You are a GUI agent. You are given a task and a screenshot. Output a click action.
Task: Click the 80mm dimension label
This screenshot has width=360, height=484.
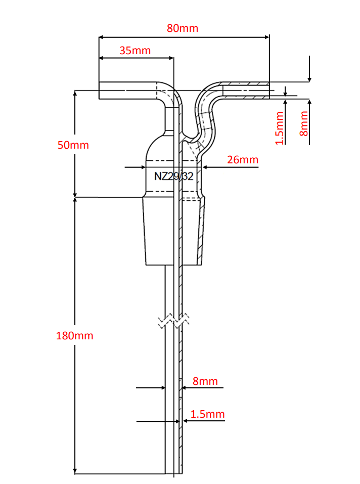pyautogui.click(x=183, y=28)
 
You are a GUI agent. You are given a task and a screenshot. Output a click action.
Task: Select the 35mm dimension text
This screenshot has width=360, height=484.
pyautogui.click(x=135, y=50)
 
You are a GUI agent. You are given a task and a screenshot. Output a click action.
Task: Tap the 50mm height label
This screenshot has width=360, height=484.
pyautogui.click(x=73, y=145)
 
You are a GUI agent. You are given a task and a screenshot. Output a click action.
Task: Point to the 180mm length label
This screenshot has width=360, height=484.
pyautogui.click(x=75, y=335)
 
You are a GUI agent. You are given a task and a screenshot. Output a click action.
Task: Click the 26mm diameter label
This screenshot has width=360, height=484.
pyautogui.click(x=243, y=160)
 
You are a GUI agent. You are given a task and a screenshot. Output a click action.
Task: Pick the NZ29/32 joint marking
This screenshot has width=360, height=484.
pyautogui.click(x=173, y=176)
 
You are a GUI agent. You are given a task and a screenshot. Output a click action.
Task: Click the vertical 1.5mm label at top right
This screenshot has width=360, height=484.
pyautogui.click(x=279, y=128)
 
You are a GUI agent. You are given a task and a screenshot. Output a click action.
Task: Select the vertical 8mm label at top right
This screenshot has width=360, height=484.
pyautogui.click(x=304, y=123)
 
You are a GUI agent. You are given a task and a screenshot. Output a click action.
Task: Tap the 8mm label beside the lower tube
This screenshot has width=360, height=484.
pyautogui.click(x=205, y=381)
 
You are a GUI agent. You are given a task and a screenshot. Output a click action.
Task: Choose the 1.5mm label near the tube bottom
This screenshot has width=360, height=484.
pyautogui.click(x=207, y=414)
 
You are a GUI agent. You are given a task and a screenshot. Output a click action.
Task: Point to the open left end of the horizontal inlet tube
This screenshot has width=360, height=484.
pyautogui.click(x=99, y=91)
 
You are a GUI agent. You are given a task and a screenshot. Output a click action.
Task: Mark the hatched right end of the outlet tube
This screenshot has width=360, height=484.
pyautogui.click(x=268, y=91)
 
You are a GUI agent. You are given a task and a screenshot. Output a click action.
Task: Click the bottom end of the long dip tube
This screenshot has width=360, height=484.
pyautogui.click(x=173, y=473)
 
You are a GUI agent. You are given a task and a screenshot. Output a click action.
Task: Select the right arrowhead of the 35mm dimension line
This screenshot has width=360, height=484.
pyautogui.click(x=171, y=58)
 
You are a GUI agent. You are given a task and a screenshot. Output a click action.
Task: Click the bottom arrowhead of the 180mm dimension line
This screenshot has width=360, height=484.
pyautogui.click(x=75, y=471)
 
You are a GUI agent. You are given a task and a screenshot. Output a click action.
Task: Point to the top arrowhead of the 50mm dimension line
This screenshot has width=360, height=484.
pyautogui.click(x=75, y=93)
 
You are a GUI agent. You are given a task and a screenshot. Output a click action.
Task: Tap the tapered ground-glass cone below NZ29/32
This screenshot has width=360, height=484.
pyautogui.click(x=173, y=231)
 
